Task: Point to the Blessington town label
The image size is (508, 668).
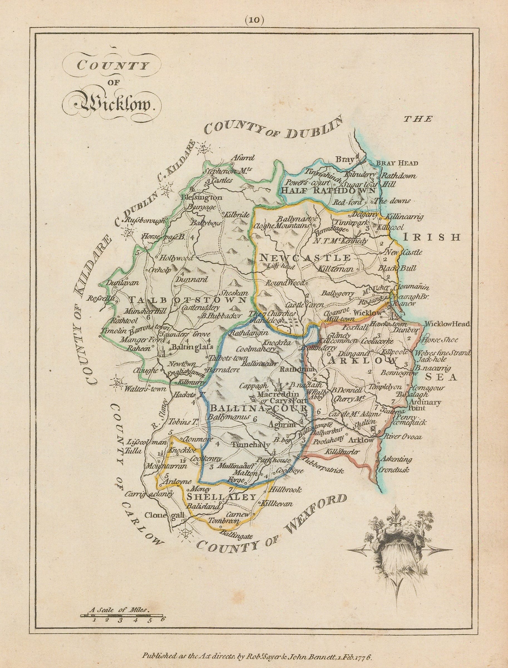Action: (x=201, y=198)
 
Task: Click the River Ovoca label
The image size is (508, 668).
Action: (x=402, y=436)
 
